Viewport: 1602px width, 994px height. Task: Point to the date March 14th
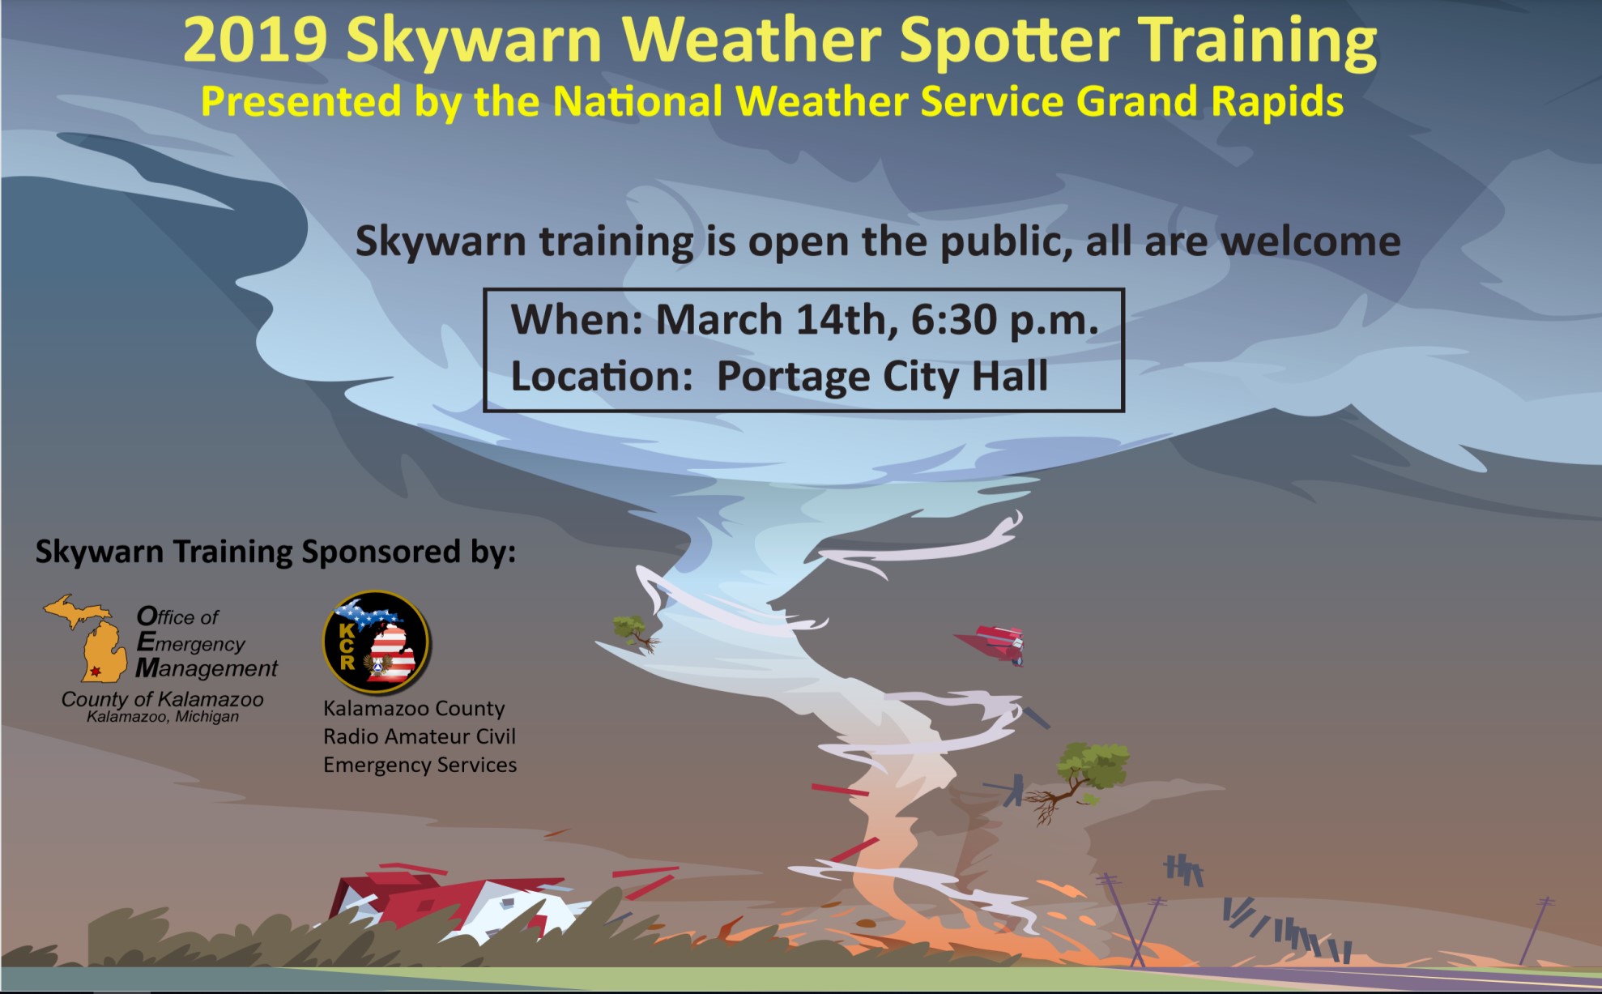(x=777, y=320)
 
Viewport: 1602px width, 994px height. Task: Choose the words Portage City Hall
(x=882, y=377)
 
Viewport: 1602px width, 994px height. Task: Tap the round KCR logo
(x=377, y=642)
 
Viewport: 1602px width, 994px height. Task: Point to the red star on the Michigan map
(x=96, y=671)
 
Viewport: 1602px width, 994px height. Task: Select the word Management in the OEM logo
(x=207, y=668)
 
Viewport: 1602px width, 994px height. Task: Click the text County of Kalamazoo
(x=163, y=699)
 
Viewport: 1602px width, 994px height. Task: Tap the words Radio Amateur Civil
(x=420, y=736)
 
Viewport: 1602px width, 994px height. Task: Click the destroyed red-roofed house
(x=454, y=907)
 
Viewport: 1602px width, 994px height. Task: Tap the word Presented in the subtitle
(x=301, y=102)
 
